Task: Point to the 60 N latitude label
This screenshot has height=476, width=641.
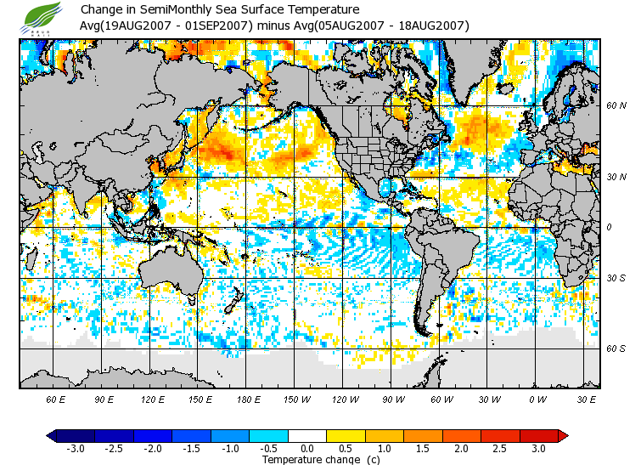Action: click(x=616, y=106)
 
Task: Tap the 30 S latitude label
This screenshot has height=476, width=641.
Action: click(x=616, y=278)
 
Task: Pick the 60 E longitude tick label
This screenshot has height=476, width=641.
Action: click(x=56, y=399)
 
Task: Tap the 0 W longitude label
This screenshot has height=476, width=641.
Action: click(x=537, y=399)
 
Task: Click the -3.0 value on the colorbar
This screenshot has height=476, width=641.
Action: click(x=75, y=449)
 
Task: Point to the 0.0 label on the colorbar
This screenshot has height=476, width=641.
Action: click(x=307, y=449)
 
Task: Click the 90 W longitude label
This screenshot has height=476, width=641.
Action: click(x=392, y=399)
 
